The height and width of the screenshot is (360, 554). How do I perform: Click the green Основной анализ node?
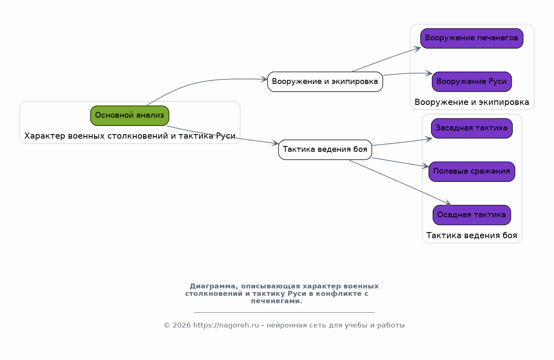tap(130, 116)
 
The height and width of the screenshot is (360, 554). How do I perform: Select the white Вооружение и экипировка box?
tap(325, 81)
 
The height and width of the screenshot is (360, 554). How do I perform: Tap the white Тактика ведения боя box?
tap(325, 150)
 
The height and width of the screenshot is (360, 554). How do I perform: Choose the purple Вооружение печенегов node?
tap(472, 38)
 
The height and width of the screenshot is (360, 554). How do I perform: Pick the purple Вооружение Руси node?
tap(472, 81)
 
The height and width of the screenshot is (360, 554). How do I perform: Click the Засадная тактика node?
tap(472, 128)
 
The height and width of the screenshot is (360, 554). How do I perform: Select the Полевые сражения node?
tap(472, 172)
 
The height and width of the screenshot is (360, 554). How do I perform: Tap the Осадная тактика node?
tap(472, 215)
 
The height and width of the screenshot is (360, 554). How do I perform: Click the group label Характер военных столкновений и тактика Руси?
tap(130, 136)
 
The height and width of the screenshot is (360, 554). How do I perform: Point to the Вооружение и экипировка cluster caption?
tap(472, 102)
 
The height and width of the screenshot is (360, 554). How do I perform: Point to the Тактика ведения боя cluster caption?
tap(472, 235)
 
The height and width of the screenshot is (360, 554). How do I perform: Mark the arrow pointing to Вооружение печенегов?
tap(386, 59)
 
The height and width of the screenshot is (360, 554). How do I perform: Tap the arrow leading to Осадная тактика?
tap(400, 182)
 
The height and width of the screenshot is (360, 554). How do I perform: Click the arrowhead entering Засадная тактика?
tap(429, 139)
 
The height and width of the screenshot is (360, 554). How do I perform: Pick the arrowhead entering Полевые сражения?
tap(426, 166)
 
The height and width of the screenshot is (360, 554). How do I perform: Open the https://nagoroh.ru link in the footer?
tap(226, 325)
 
